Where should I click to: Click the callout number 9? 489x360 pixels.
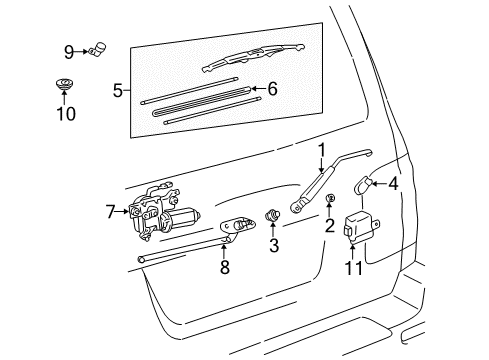[x=69, y=52]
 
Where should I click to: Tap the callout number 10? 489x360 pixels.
[x=66, y=114]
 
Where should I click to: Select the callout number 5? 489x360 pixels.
[x=118, y=90]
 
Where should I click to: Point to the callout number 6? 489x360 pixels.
[x=272, y=89]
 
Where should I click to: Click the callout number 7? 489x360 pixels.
[x=111, y=212]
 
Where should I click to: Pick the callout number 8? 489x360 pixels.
[x=225, y=267]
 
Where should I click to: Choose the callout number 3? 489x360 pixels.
[x=274, y=246]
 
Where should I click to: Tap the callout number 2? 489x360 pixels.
[x=330, y=226]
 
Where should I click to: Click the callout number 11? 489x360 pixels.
[x=353, y=268]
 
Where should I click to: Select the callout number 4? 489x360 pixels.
[x=394, y=184]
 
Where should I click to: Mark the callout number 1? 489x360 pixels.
[x=322, y=150]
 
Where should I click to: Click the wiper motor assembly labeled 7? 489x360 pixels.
[x=162, y=211]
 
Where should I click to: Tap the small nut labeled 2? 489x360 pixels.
[x=330, y=198]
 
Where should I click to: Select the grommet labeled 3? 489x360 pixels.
[x=272, y=215]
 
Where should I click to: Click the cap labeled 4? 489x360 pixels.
[x=362, y=185]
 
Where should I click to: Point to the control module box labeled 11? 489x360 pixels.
[x=359, y=227]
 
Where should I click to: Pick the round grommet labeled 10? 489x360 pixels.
[x=64, y=84]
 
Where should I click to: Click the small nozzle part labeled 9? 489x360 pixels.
[x=98, y=49]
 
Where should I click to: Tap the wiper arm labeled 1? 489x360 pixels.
[x=328, y=180]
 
